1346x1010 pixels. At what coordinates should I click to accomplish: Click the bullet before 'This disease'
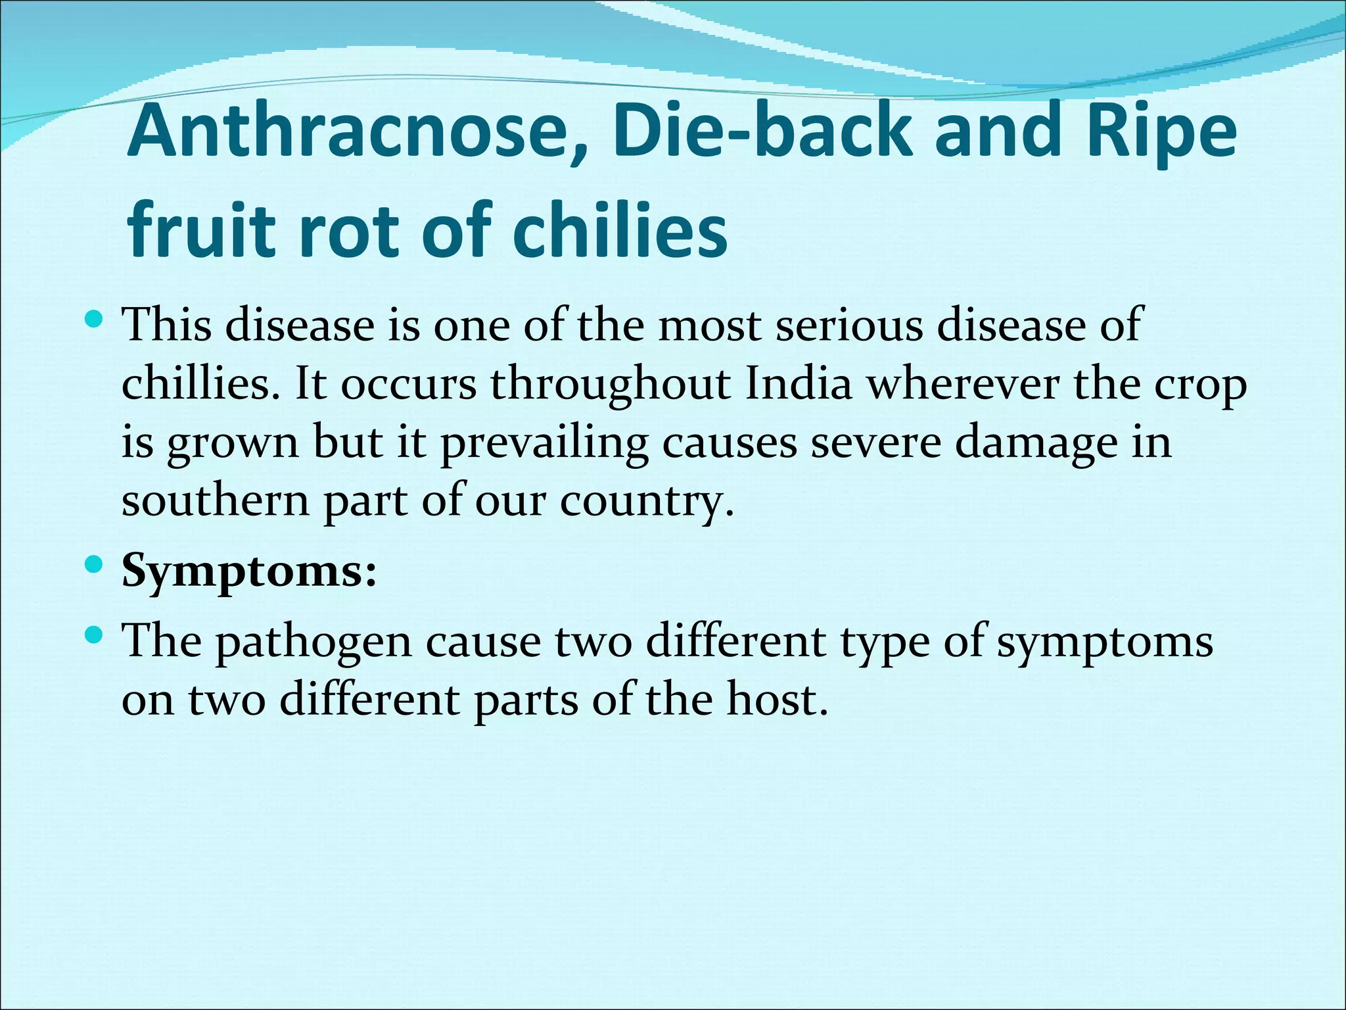[95, 321]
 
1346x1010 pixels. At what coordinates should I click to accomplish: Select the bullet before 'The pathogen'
[95, 635]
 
